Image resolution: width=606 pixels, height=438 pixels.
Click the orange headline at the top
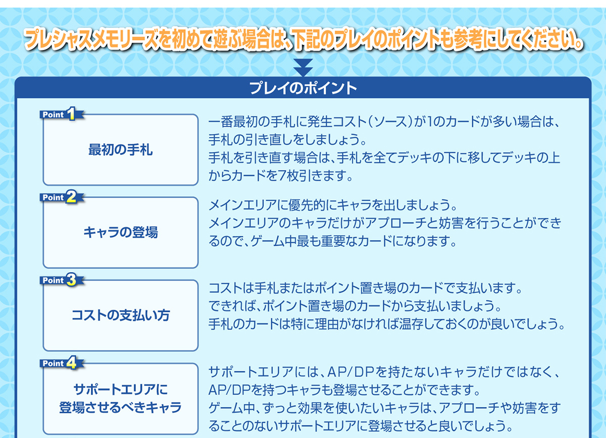point(303,39)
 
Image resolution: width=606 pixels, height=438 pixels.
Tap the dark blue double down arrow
point(303,68)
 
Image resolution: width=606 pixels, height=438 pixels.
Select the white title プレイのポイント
point(303,88)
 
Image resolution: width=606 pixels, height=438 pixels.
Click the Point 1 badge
point(62,114)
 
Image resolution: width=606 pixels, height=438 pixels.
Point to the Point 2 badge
point(62,197)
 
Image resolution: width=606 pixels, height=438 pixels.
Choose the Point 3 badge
point(62,280)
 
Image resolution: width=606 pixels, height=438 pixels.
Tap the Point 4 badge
point(62,363)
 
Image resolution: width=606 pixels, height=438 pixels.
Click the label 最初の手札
point(120,150)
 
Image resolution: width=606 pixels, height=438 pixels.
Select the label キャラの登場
point(120,233)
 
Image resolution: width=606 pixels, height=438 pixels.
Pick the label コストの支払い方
point(120,315)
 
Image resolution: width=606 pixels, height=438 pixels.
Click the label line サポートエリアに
point(120,390)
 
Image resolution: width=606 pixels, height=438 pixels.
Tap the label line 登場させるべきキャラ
point(120,407)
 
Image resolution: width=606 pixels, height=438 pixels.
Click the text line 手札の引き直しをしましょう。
point(287,140)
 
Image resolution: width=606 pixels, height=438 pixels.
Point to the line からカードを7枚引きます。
point(281,176)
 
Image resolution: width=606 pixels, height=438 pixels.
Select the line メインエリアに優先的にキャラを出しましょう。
point(333,205)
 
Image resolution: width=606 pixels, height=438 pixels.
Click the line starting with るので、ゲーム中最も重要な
point(333,241)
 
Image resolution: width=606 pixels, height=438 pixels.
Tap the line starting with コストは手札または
point(365,288)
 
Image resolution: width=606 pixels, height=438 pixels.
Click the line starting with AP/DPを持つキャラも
point(344,390)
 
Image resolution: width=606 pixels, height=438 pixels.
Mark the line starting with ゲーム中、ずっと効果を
point(384,408)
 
